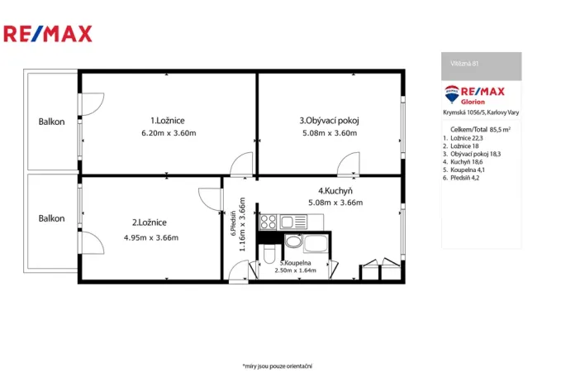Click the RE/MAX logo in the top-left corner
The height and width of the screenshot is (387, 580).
tap(48, 34)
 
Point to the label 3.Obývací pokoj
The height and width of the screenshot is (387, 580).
tap(329, 120)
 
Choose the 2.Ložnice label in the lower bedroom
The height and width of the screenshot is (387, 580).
tap(150, 222)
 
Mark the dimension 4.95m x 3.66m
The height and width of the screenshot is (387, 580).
tap(150, 237)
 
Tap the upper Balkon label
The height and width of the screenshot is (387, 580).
tap(51, 122)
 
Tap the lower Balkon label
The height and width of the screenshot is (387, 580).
tap(51, 218)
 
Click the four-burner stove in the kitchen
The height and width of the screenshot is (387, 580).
tap(268, 222)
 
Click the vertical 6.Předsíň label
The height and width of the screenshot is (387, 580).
tap(234, 217)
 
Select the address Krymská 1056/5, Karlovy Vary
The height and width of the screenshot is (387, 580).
tap(481, 112)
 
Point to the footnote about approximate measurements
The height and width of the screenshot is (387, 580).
tap(277, 365)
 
